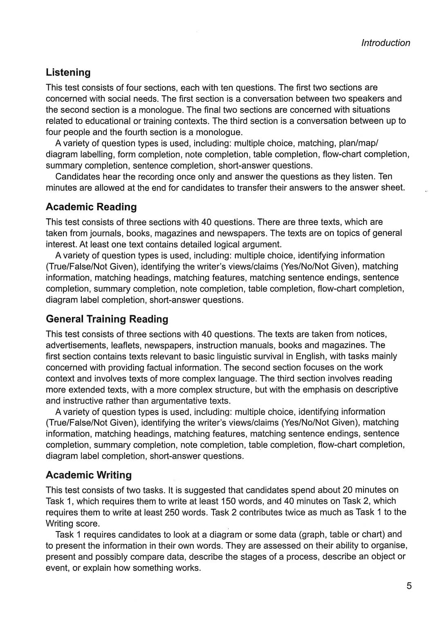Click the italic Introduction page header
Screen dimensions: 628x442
[x=385, y=43]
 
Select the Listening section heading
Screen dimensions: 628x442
[x=68, y=72]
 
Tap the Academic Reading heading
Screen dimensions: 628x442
[x=91, y=207]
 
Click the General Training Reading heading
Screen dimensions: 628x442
[x=107, y=319]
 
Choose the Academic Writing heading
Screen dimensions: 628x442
[x=89, y=475]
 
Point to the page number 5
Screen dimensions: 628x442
[x=409, y=586]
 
